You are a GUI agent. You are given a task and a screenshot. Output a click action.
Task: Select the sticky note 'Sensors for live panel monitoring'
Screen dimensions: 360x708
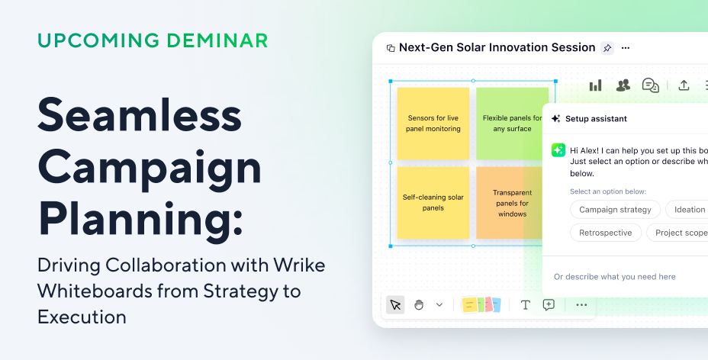[x=433, y=124]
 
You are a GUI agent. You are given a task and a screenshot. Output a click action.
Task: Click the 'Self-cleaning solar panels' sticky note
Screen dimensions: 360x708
[x=433, y=202]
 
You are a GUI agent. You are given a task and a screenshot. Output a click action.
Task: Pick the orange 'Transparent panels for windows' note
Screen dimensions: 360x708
[x=511, y=203]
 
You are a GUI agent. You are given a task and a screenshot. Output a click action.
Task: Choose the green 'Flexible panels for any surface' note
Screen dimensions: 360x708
[x=512, y=124]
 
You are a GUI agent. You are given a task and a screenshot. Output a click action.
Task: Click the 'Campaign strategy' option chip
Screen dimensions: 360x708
[x=615, y=210]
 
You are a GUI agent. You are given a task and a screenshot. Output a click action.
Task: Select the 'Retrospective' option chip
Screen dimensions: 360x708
[x=605, y=233]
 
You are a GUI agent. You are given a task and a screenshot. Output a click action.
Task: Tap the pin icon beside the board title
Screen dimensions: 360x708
[x=607, y=48]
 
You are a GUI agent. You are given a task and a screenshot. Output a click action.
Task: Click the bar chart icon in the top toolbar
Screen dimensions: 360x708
[x=595, y=85]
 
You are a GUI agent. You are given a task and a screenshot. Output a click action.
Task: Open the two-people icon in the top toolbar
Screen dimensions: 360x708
[x=623, y=85]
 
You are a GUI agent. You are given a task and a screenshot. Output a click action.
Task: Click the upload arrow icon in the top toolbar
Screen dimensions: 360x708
[x=684, y=85]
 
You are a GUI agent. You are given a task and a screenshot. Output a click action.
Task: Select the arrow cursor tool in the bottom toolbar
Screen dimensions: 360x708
[x=395, y=305]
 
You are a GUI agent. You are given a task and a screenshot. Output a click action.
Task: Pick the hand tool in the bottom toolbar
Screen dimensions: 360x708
[x=419, y=305]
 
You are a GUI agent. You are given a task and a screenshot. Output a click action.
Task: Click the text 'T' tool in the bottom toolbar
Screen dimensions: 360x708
[x=525, y=305]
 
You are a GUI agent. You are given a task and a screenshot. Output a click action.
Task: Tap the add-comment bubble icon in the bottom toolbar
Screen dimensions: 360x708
[x=549, y=305]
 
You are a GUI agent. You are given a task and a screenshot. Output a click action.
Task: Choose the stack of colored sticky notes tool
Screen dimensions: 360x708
[x=481, y=305]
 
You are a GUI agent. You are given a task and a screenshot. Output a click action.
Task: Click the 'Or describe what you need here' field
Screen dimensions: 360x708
[x=615, y=277]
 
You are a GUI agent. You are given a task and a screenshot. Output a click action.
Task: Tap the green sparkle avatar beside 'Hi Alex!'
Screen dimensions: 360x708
[x=558, y=150]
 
